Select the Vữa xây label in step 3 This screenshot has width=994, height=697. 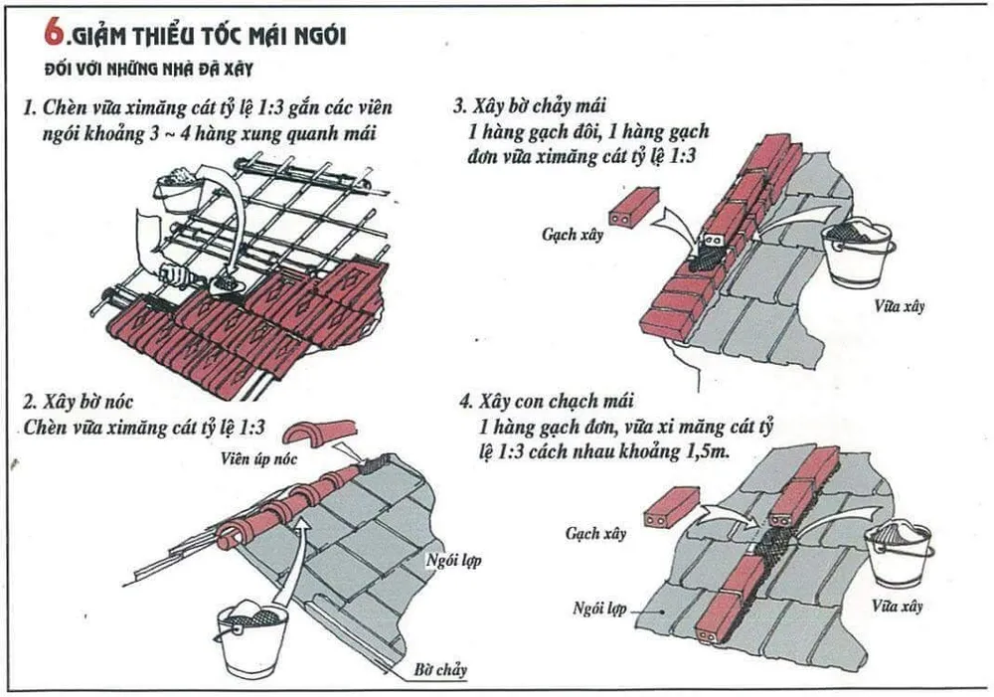(901, 305)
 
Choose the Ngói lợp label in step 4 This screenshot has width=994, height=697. (598, 606)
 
